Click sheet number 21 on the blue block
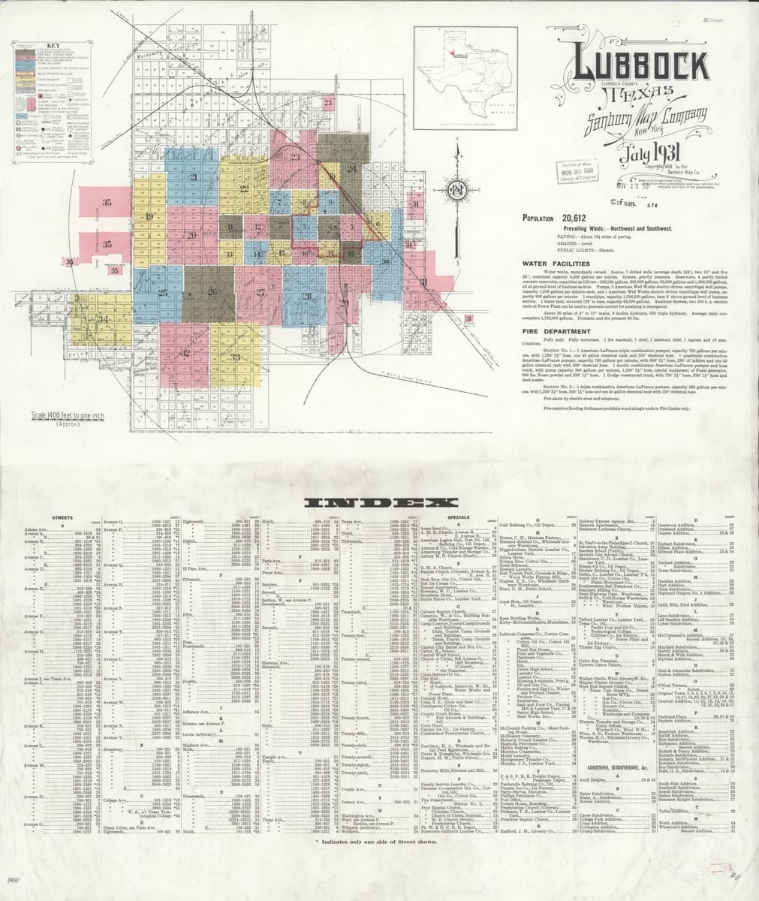pos(193,177)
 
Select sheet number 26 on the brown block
pos(212,291)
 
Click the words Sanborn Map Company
pos(637,120)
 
